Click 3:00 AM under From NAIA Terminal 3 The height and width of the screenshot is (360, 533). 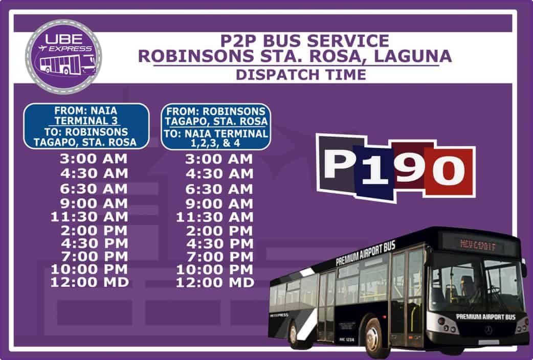click(x=89, y=159)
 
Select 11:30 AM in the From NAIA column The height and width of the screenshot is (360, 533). click(x=89, y=217)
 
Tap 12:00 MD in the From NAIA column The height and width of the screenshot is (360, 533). click(x=89, y=282)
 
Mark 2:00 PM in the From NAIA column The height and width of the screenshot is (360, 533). click(x=89, y=231)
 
